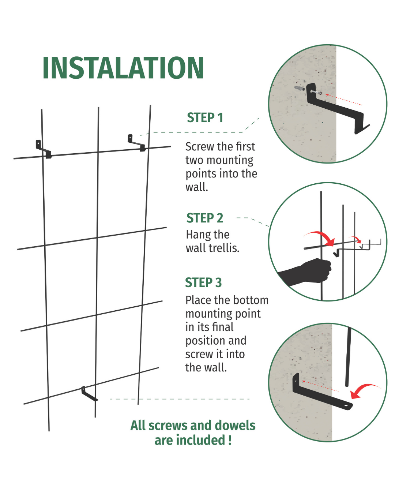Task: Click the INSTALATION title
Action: (x=123, y=68)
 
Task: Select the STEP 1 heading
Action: (x=205, y=118)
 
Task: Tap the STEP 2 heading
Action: (x=204, y=218)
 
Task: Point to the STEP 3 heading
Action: (x=203, y=283)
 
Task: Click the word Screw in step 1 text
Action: (x=200, y=147)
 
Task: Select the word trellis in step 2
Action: (x=223, y=248)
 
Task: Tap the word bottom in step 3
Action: (x=251, y=300)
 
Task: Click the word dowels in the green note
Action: (x=235, y=426)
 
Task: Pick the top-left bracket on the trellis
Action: (x=43, y=149)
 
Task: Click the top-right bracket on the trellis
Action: (x=136, y=143)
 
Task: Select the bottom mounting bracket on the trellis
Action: (x=89, y=394)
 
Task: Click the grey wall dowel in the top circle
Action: (x=300, y=88)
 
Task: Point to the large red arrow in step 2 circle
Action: (x=321, y=237)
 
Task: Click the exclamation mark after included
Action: (x=230, y=440)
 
